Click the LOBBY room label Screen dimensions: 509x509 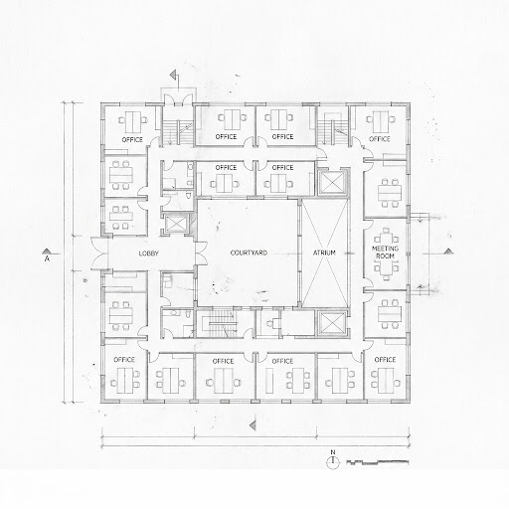point(148,254)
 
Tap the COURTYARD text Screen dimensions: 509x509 point(249,253)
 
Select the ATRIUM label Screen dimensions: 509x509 point(324,253)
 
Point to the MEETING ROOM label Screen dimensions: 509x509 point(385,253)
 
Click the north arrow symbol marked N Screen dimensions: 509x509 point(333,461)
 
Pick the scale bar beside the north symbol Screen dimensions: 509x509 point(378,462)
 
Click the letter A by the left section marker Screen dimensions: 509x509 point(47,258)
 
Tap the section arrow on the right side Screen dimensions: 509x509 point(448,251)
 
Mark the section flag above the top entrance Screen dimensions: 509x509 point(174,75)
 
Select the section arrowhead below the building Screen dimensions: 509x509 point(253,424)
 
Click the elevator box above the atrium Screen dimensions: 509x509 point(332,182)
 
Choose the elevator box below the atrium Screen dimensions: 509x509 point(332,323)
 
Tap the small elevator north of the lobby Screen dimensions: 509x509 point(176,223)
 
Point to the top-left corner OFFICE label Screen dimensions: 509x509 point(132,139)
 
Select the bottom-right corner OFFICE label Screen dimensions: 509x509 point(385,360)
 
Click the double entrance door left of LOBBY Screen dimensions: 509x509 point(99,254)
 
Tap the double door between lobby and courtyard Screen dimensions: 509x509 point(201,254)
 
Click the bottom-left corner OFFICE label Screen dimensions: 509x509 point(124,360)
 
